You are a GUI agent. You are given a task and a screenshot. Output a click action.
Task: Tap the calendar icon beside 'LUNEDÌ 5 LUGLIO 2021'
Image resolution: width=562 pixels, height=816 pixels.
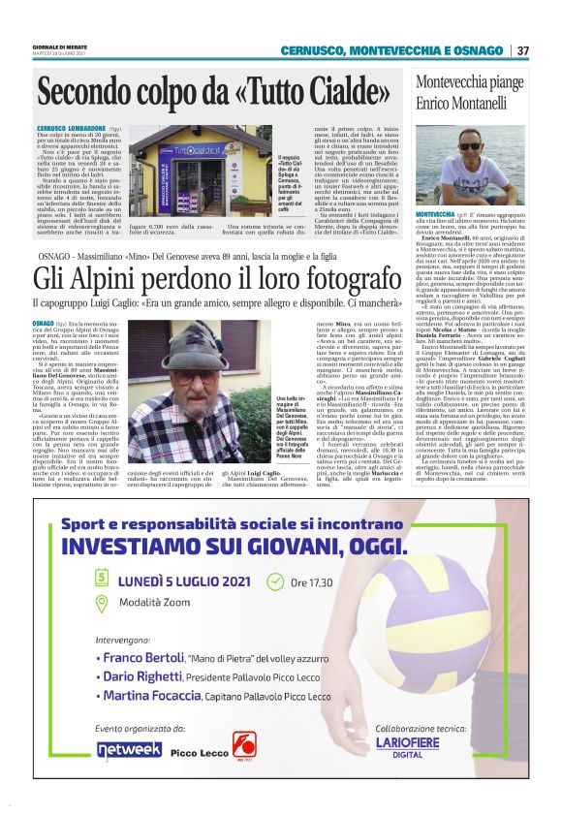click(x=102, y=578)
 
